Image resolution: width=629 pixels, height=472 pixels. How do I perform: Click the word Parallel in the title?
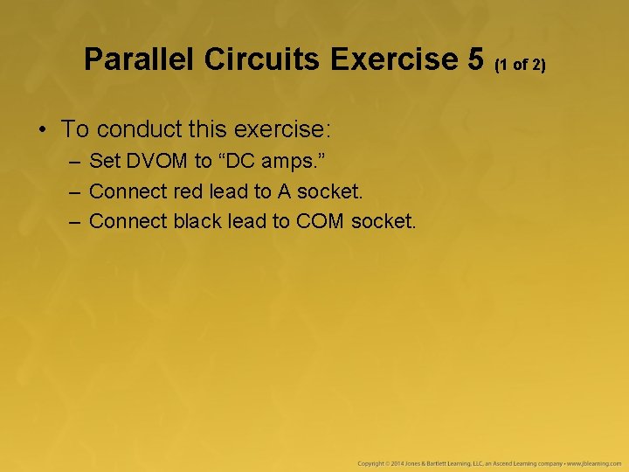pyautogui.click(x=140, y=59)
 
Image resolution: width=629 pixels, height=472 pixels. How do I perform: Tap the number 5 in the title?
pyautogui.click(x=475, y=59)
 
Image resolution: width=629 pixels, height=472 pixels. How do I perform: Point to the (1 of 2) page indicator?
pyautogui.click(x=522, y=65)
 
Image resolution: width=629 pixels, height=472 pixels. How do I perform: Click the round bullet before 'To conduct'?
pyautogui.click(x=42, y=130)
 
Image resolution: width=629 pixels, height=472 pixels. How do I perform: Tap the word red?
pyautogui.click(x=188, y=191)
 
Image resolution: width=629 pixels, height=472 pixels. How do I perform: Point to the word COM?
pyautogui.click(x=321, y=220)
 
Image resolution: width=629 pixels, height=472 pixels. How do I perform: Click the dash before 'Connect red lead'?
pyautogui.click(x=74, y=191)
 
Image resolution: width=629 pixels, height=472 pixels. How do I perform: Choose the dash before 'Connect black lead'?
pyautogui.click(x=74, y=220)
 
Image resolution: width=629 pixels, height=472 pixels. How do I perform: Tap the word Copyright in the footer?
pyautogui.click(x=371, y=462)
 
